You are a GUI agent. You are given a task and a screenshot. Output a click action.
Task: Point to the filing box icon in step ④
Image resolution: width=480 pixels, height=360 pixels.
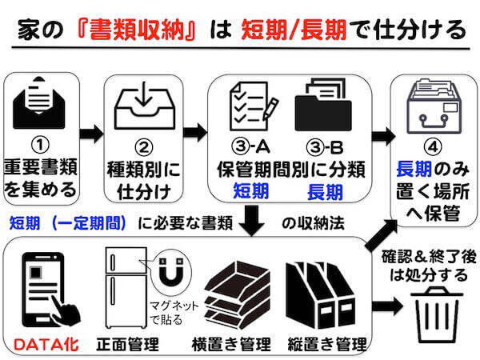click(x=430, y=110)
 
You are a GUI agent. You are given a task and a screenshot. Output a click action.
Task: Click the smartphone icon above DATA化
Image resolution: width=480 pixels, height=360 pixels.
click(x=41, y=286)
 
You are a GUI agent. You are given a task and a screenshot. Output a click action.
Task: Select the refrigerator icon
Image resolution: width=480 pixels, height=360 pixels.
click(x=126, y=288)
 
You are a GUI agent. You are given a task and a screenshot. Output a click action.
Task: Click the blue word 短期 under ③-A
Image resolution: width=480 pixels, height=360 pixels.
click(x=250, y=192)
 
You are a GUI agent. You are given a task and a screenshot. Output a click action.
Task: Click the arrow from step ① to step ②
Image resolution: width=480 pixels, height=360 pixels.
click(x=92, y=132)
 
